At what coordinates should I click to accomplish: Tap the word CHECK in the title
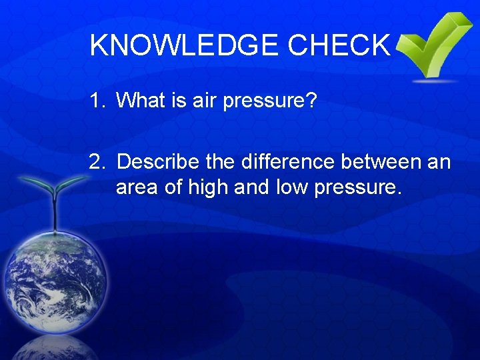point(339,45)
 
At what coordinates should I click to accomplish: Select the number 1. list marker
point(99,101)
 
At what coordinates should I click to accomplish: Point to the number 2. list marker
point(99,162)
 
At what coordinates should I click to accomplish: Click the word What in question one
point(142,101)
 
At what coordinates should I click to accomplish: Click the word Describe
point(167,162)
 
